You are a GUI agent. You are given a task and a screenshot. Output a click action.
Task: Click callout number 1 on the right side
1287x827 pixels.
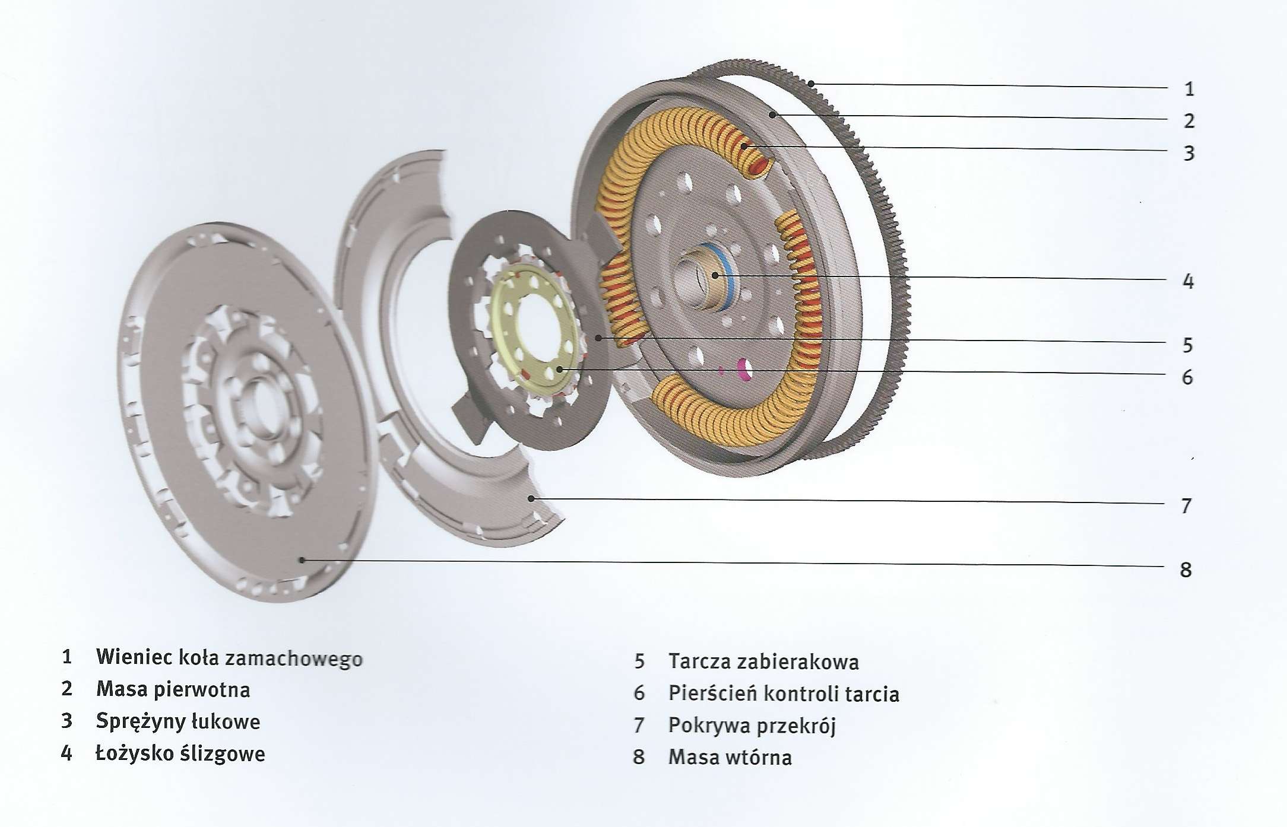(x=1188, y=89)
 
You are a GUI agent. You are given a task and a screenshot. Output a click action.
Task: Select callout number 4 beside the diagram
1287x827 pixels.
(x=1188, y=281)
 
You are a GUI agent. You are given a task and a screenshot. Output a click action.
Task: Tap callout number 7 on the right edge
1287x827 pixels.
(x=1186, y=506)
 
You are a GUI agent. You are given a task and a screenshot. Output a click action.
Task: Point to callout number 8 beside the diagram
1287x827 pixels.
(x=1185, y=570)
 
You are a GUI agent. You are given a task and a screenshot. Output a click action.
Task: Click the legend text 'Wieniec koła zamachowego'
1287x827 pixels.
(x=229, y=657)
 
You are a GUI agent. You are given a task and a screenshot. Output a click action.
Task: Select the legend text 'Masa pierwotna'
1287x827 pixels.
(x=173, y=689)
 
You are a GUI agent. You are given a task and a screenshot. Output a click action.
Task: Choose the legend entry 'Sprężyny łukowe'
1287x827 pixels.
(x=178, y=721)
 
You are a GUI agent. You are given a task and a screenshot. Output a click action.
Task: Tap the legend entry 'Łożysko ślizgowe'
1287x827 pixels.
(x=180, y=753)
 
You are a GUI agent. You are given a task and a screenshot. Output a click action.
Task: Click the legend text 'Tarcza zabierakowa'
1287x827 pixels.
(x=763, y=661)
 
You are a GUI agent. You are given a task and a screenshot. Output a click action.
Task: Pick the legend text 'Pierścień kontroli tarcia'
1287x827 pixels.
(x=784, y=694)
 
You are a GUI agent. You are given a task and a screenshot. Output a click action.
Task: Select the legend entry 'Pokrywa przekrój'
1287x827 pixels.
(x=752, y=725)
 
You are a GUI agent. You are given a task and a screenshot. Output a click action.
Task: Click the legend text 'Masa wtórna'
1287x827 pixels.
(x=730, y=758)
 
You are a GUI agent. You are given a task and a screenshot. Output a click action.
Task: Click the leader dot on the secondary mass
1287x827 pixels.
(x=302, y=559)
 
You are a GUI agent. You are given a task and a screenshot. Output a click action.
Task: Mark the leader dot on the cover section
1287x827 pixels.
(x=532, y=498)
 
